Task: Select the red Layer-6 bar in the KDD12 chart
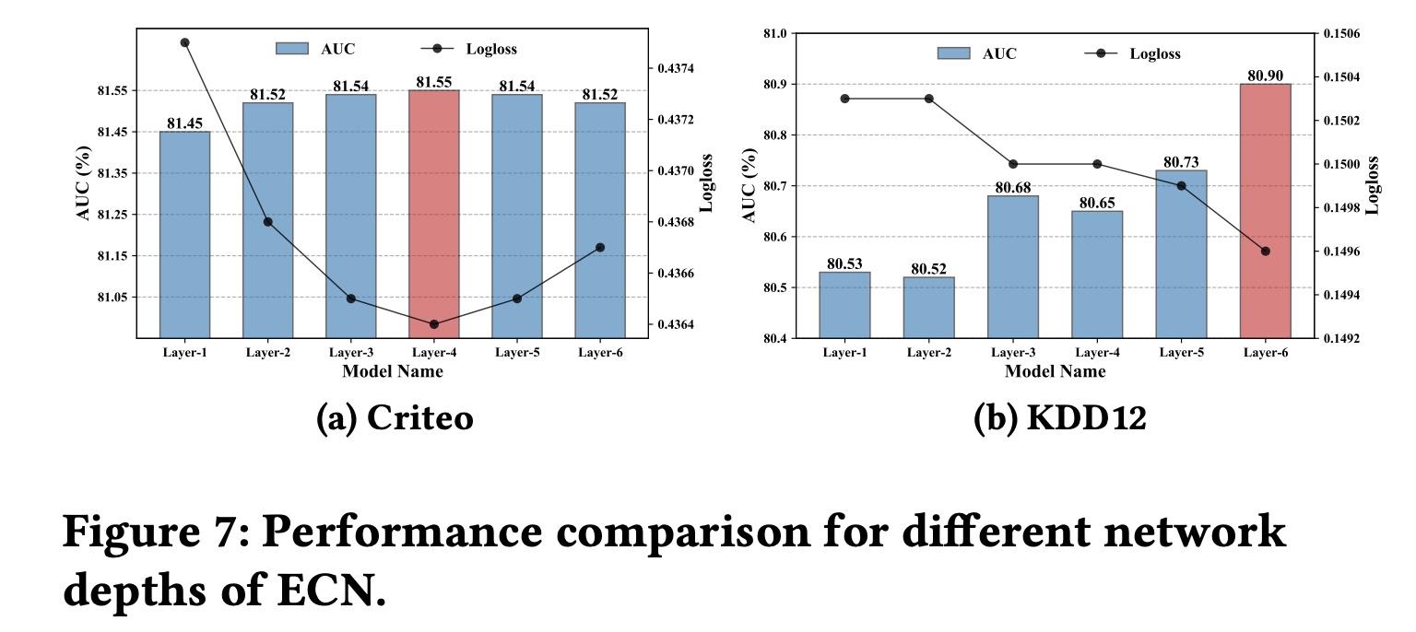pos(1265,211)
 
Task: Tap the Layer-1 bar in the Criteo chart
pos(184,234)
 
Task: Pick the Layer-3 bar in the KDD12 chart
pos(1012,266)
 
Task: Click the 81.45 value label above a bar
pos(184,123)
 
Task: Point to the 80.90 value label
pos(1265,75)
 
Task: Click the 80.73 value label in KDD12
pos(1181,161)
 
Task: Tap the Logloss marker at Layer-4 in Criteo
pos(433,324)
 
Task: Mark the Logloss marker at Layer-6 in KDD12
pos(1265,252)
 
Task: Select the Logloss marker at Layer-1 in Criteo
pos(184,42)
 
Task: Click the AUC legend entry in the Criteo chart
pos(313,49)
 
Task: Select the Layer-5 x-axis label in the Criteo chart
pos(516,352)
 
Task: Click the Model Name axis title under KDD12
pos(1055,371)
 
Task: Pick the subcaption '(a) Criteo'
pos(394,418)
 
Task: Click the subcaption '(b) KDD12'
pos(1059,418)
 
